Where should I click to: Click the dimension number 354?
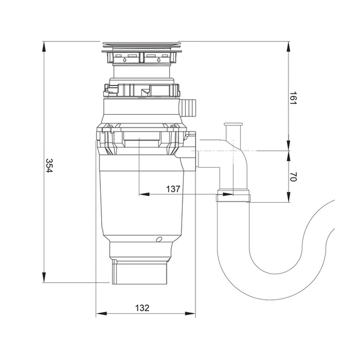click(x=49, y=165)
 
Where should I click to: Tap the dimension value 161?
click(x=293, y=98)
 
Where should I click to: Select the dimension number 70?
click(x=293, y=176)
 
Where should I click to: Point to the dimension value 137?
click(x=173, y=189)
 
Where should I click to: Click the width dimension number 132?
click(x=142, y=308)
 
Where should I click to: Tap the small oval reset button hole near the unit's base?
click(x=159, y=239)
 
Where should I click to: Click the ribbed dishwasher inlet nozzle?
click(x=187, y=108)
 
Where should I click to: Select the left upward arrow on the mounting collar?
click(x=125, y=60)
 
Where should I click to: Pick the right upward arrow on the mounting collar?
click(x=158, y=60)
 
